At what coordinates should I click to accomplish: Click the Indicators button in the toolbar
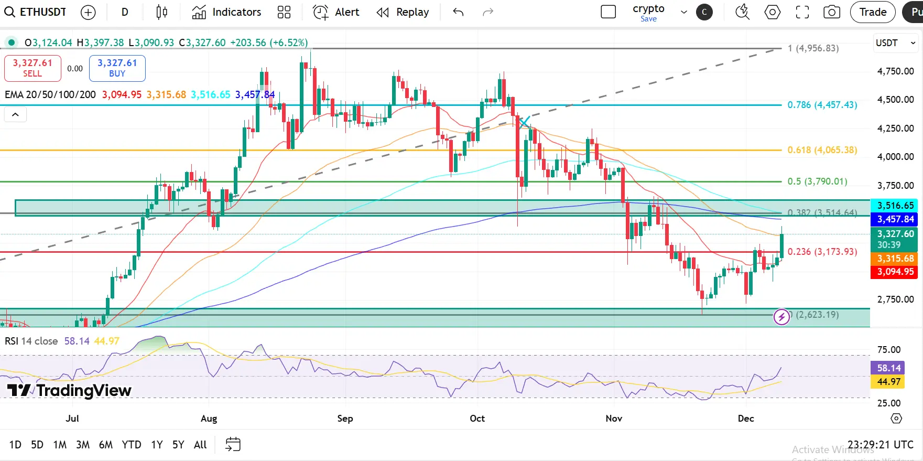tap(226, 12)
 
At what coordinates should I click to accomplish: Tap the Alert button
tap(336, 12)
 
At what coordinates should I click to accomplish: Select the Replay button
tap(403, 12)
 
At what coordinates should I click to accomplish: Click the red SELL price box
tap(32, 68)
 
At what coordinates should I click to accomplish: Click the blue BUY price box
tap(117, 68)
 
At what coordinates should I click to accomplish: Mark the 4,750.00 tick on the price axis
tap(895, 71)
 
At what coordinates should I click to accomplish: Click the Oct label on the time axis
tap(477, 419)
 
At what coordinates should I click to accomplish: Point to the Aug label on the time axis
tap(209, 419)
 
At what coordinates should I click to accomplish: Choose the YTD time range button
tap(131, 445)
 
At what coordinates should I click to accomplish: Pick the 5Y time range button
tap(178, 445)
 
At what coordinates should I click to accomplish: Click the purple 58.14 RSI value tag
tap(889, 368)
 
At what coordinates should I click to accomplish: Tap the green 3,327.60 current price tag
tap(895, 239)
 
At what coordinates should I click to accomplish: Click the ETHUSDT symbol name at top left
tap(42, 12)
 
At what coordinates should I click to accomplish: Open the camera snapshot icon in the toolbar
tap(831, 12)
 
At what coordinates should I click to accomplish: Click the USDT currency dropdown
tap(895, 43)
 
